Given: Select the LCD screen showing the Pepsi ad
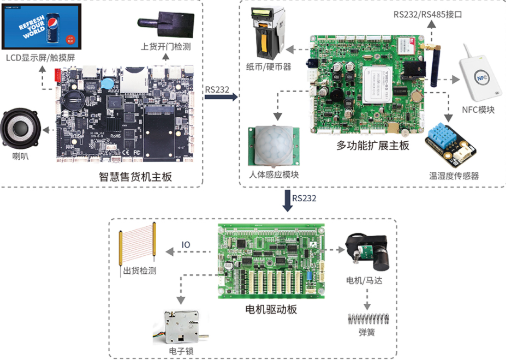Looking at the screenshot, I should pos(41,27).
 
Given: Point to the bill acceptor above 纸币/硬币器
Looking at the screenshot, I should pos(267,32).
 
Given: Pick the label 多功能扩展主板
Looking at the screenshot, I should pos(373,146).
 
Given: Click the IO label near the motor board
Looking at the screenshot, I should pos(186,245).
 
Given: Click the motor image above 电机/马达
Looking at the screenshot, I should pos(367,253).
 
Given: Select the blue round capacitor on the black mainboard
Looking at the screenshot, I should pos(109,82).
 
